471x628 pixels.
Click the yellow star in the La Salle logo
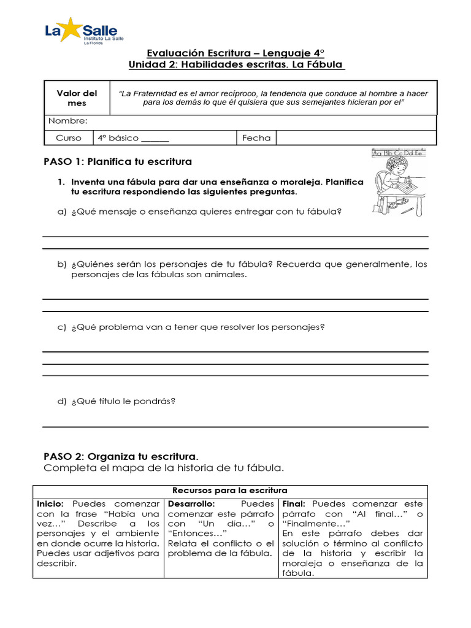click(72, 29)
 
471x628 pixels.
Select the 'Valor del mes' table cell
click(77, 98)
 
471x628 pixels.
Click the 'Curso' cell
click(68, 138)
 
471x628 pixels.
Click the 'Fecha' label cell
click(256, 138)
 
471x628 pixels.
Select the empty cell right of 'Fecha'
click(356, 138)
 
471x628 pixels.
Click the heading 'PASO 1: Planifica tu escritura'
click(118, 162)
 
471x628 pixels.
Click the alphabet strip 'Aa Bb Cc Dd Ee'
click(399, 153)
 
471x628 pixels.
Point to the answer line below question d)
click(235, 427)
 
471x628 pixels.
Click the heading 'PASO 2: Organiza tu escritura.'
click(121, 457)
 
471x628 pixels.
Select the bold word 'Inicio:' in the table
click(49, 504)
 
